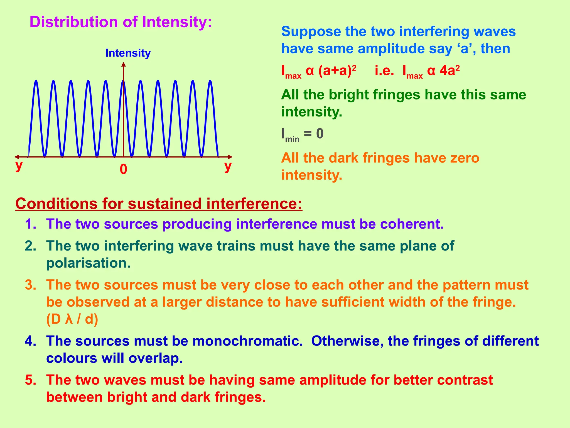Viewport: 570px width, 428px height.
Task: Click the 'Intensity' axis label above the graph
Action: click(x=128, y=53)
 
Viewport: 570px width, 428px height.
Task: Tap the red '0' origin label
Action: click(x=123, y=169)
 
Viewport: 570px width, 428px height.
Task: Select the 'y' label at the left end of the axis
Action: click(x=19, y=165)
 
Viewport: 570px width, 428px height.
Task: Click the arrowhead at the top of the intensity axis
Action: click(x=124, y=64)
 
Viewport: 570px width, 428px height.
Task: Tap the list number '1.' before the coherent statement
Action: click(x=31, y=224)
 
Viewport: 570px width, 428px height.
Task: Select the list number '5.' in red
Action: click(x=31, y=380)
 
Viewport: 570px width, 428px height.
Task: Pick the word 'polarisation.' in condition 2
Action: click(x=88, y=263)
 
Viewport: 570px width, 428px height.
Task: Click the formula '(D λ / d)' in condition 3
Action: click(x=72, y=319)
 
